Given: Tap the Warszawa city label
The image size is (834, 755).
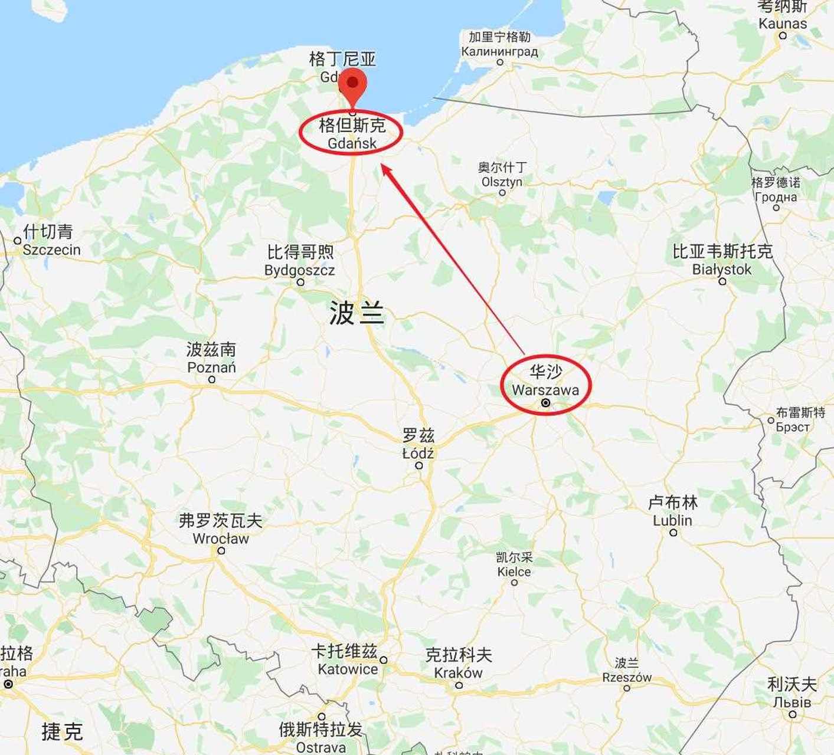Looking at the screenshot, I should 545,390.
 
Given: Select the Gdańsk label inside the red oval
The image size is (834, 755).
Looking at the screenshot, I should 352,143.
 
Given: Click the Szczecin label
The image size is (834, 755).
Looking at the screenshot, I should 51,250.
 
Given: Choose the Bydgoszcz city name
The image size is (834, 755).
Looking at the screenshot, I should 299,270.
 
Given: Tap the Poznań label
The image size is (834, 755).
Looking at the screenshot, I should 211,367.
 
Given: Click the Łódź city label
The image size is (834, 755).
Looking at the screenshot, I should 418,454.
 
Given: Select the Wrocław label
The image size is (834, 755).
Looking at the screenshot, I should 221,539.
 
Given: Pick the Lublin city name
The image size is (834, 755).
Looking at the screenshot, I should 672,520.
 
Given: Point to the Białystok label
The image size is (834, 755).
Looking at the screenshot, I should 722,270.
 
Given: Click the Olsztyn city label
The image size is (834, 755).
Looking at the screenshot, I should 502,182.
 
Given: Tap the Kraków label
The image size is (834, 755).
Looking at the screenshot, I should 458,672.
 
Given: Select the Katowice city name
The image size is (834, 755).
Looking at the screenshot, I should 347,669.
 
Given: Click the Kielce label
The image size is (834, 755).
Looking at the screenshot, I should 514,572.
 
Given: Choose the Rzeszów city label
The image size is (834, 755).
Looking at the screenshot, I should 627,677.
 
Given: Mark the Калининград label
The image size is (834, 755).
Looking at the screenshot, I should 499,51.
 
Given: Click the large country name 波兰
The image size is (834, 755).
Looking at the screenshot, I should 357,313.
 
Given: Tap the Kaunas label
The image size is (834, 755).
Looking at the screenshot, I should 783,24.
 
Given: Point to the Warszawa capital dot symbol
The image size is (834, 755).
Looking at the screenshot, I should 546,403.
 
